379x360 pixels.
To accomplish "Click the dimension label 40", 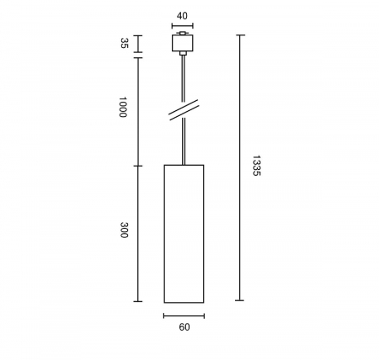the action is click(x=182, y=16).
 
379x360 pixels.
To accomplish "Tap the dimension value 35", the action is click(x=125, y=43).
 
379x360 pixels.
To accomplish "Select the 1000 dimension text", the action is click(x=123, y=107).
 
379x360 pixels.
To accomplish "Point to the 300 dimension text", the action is click(x=124, y=230).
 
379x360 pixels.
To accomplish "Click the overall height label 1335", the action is click(x=257, y=166).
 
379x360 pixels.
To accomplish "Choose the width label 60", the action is click(x=184, y=327).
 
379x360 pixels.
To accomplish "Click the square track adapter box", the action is click(x=183, y=43).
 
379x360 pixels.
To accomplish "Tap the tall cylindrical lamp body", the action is click(x=184, y=234).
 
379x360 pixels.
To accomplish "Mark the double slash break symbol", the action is click(x=184, y=110).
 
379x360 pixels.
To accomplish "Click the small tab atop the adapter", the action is click(x=183, y=33).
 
